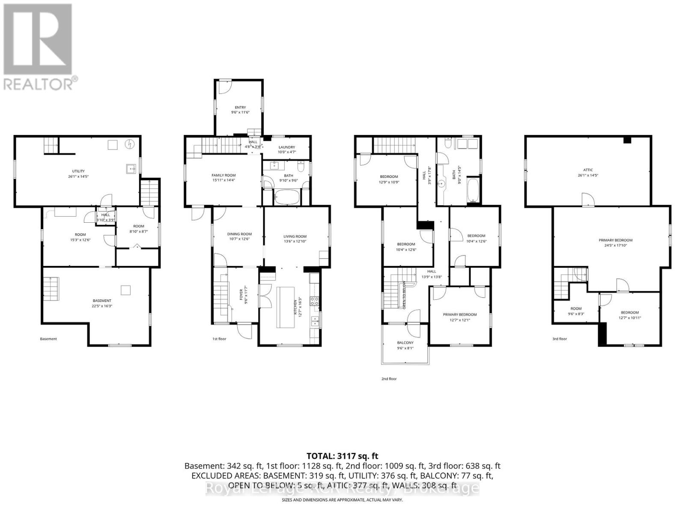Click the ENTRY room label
240,108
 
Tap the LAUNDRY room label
287,147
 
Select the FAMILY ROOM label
223,175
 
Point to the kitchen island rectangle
284,307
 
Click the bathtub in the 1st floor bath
288,198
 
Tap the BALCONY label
405,343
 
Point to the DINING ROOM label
239,234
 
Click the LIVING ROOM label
295,236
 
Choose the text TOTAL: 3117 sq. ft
342,456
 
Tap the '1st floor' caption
219,339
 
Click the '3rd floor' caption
559,339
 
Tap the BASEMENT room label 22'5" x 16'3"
102,301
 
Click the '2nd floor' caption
389,379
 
